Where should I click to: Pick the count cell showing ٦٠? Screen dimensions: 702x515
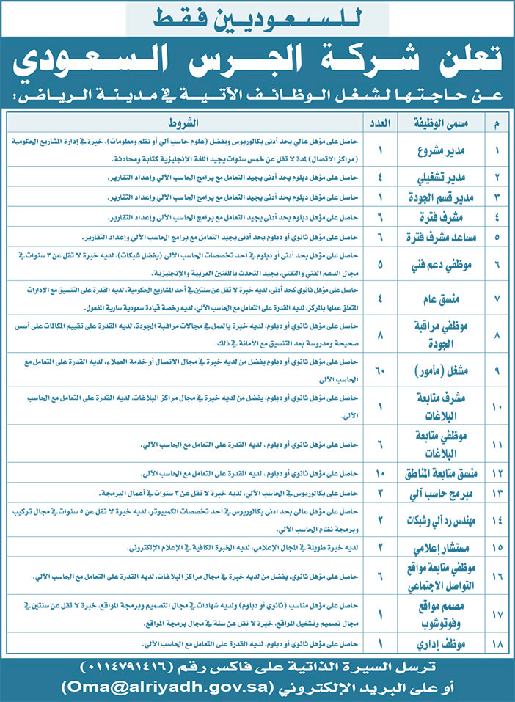[x=380, y=371]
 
